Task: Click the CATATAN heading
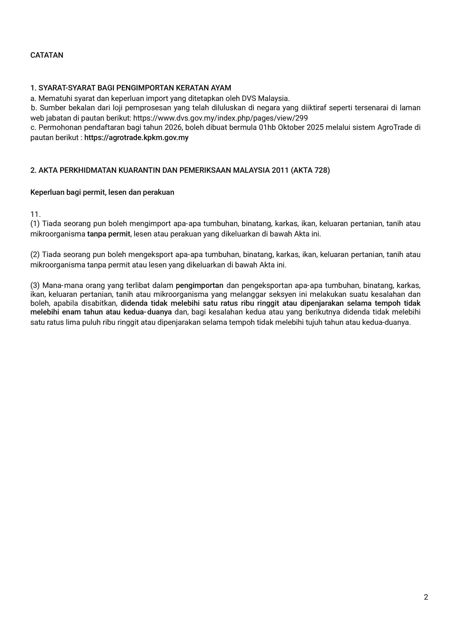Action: click(x=47, y=55)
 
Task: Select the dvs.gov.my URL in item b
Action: click(x=220, y=118)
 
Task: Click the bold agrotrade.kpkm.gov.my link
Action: click(x=136, y=138)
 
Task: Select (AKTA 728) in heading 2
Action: click(x=311, y=170)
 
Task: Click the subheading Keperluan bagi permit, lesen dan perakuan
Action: click(x=102, y=192)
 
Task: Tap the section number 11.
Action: click(x=35, y=215)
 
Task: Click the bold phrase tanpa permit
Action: click(x=109, y=234)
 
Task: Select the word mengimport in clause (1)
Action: click(x=150, y=224)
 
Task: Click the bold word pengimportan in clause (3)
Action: click(x=199, y=285)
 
